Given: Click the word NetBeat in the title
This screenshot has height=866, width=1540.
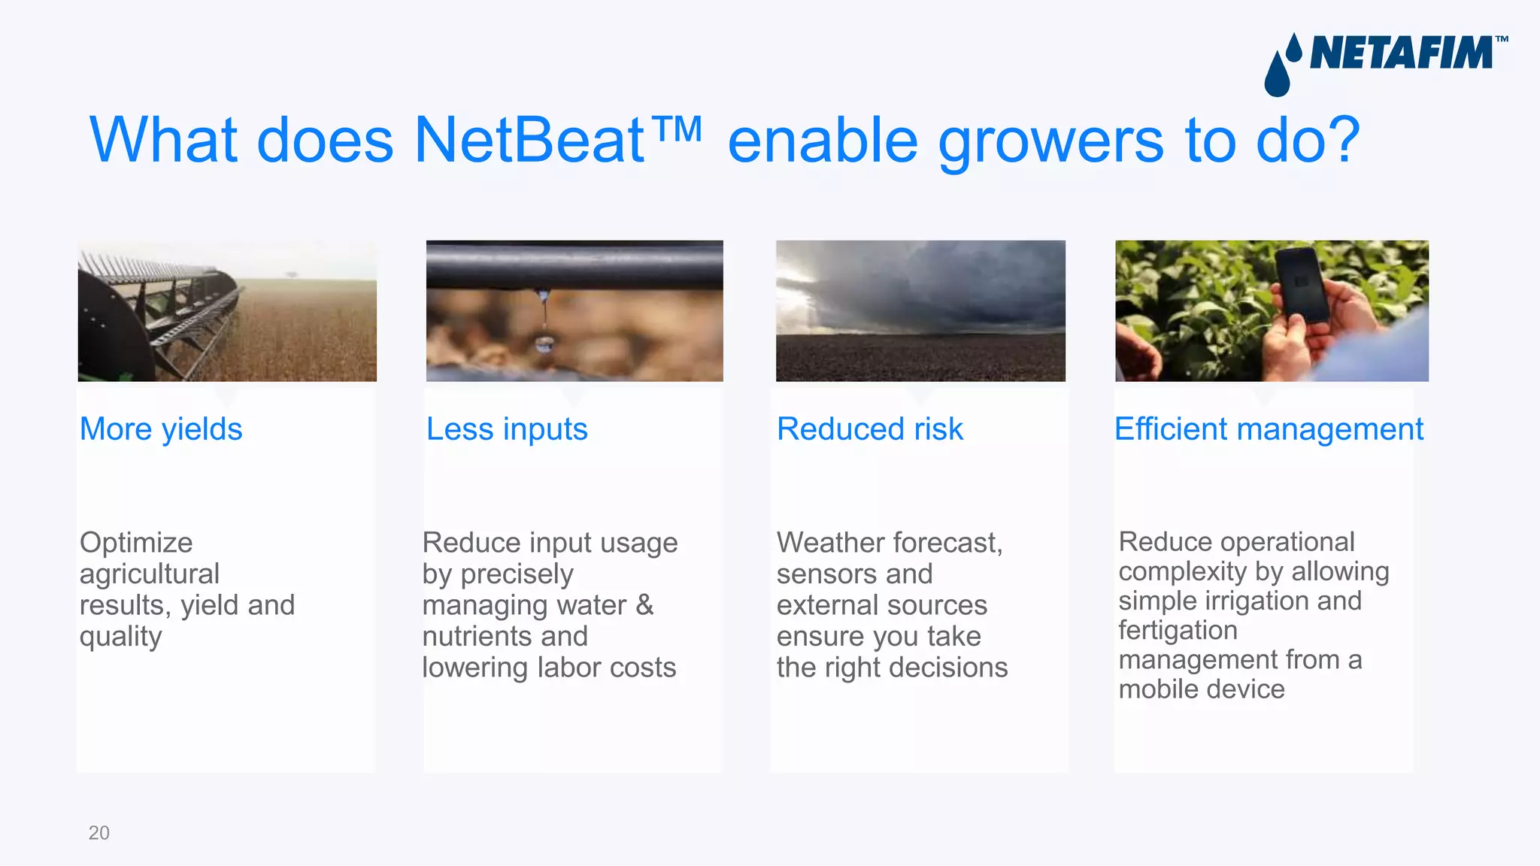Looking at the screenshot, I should click(x=529, y=141).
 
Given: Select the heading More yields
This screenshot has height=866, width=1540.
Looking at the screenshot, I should click(x=161, y=429).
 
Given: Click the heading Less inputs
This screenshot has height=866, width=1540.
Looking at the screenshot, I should click(x=507, y=429).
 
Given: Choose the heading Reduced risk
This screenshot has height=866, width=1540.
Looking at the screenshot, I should click(x=869, y=429).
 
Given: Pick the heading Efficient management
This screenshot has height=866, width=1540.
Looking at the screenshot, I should click(x=1269, y=429).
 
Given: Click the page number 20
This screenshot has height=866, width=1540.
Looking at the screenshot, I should click(x=99, y=833).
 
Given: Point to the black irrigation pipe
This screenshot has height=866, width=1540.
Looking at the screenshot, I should click(x=574, y=265).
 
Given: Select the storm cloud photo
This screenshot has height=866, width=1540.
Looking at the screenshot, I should click(x=920, y=310).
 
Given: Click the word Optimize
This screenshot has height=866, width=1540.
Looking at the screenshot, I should click(x=136, y=543).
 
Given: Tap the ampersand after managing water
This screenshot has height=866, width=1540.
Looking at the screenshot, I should click(x=644, y=605).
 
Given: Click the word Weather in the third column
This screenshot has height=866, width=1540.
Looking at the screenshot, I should click(x=830, y=543).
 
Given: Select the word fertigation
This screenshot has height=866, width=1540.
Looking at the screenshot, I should click(x=1178, y=631).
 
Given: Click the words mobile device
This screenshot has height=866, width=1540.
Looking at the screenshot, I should click(x=1202, y=689).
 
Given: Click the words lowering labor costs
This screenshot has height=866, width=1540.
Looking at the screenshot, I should click(x=549, y=668).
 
